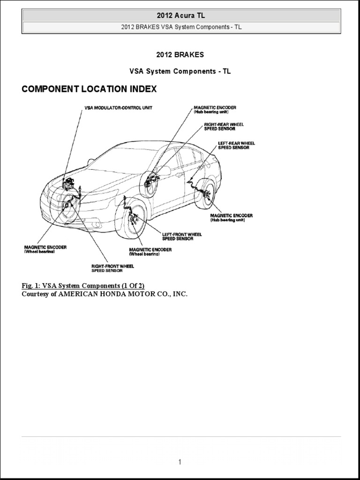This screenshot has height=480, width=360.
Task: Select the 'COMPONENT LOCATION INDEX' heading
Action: point(89,89)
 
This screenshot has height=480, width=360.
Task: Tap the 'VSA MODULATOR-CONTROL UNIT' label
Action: point(118,108)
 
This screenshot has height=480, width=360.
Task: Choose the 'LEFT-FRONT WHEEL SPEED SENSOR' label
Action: point(182,236)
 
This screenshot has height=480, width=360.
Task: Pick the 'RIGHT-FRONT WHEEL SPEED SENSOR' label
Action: point(112,268)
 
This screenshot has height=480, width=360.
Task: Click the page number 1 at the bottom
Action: point(180,462)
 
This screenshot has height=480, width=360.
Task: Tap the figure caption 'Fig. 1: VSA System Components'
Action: point(87,285)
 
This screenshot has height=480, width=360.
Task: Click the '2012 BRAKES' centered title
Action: point(180,54)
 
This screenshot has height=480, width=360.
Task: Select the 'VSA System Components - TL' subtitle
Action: point(180,71)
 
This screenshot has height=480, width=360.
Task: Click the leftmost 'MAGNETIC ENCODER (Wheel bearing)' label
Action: point(45,249)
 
